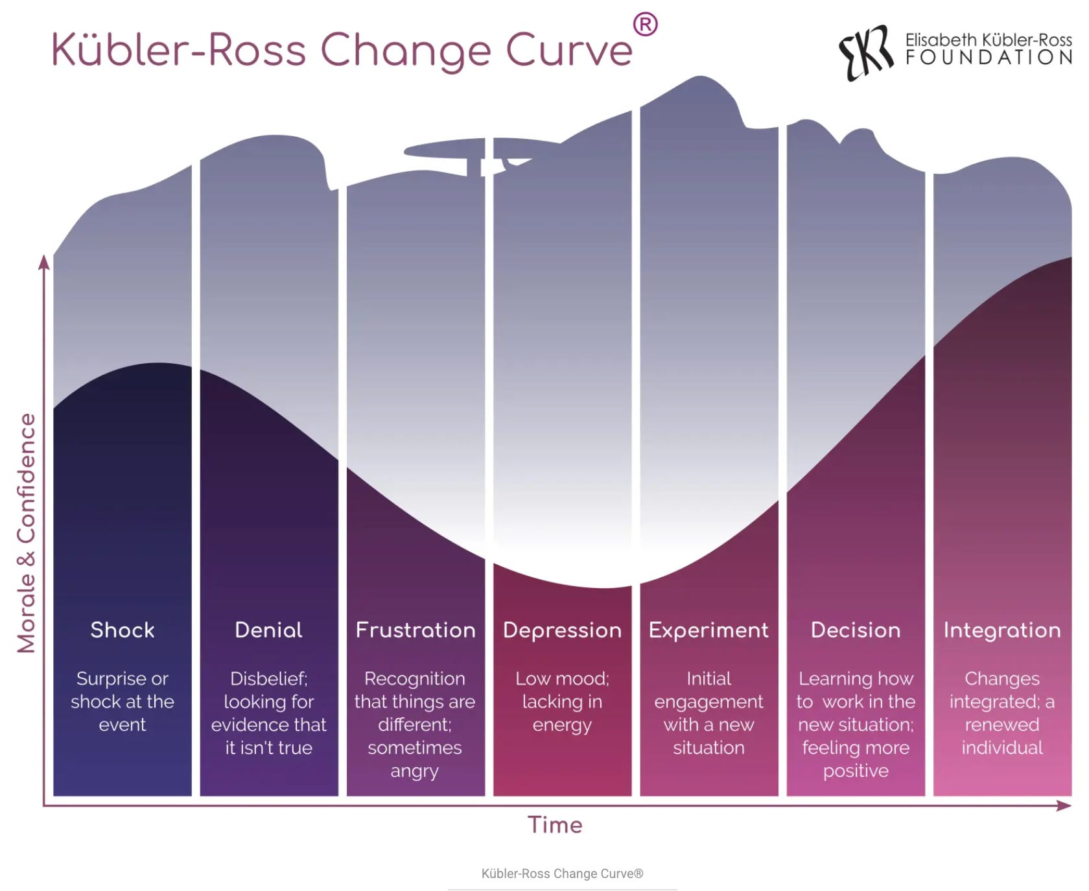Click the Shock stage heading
[123, 630]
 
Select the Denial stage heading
[268, 630]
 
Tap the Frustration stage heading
[416, 630]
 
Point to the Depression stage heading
[562, 630]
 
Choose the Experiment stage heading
[708, 630]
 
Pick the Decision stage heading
[856, 630]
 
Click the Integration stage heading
[1002, 630]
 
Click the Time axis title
[555, 825]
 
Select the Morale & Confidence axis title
[27, 532]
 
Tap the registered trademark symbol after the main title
[645, 25]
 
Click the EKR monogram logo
[866, 52]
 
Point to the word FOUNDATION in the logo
[989, 58]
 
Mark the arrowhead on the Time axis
[1064, 805]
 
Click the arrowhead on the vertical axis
[44, 262]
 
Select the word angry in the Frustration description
[414, 771]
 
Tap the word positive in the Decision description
[856, 771]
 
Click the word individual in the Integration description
[1002, 748]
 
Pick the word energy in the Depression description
[562, 725]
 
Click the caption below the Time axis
[562, 873]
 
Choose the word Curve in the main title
[568, 51]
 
